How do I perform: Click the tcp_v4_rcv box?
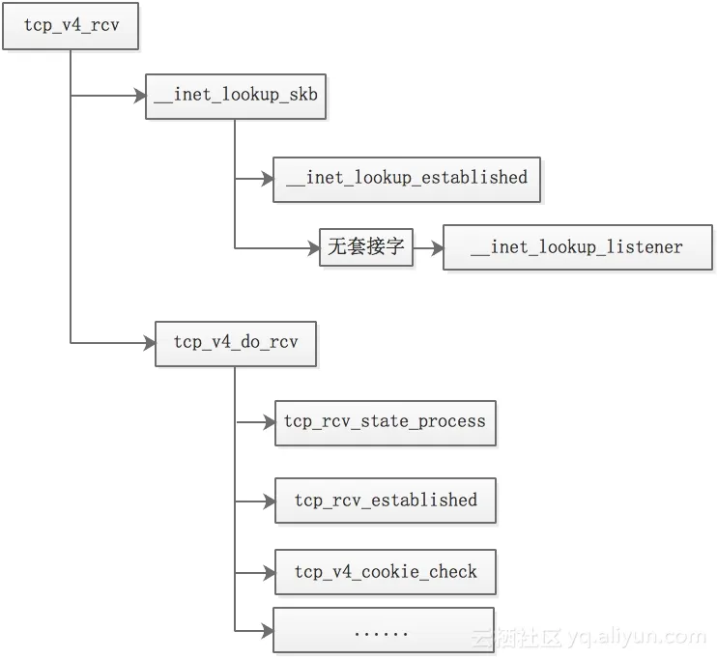click(x=72, y=27)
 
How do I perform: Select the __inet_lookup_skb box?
click(x=236, y=96)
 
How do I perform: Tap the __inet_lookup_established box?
click(x=407, y=179)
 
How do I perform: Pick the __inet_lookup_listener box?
click(x=577, y=248)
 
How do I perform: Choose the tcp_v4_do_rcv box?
click(x=236, y=343)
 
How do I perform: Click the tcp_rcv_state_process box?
click(x=385, y=422)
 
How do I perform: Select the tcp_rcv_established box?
click(x=386, y=501)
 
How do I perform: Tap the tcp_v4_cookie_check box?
click(x=386, y=572)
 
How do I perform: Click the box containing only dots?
click(x=383, y=631)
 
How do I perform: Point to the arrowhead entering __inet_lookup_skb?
click(x=139, y=96)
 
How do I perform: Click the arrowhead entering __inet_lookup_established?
click(x=268, y=179)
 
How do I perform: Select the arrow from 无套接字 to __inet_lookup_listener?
click(x=427, y=248)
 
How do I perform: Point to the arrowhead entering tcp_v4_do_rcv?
click(x=149, y=343)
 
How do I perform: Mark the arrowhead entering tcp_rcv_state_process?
click(x=269, y=422)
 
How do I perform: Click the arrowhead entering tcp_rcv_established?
click(x=269, y=501)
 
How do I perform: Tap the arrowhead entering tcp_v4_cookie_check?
click(x=269, y=572)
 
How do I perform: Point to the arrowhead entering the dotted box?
click(x=267, y=631)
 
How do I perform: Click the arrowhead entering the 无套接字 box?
click(x=314, y=248)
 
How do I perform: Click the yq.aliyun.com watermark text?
click(x=637, y=637)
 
